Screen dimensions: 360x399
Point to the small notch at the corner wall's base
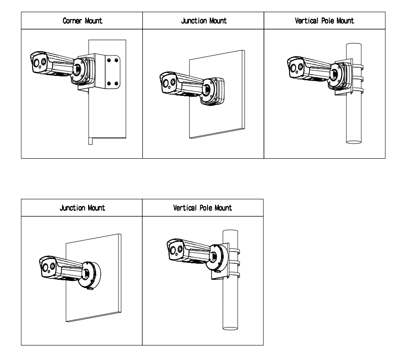point(90,141)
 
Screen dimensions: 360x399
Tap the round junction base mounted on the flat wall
point(92,274)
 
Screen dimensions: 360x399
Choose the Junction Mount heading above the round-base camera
point(82,208)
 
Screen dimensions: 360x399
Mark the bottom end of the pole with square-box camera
point(355,141)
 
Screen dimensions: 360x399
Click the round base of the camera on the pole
point(215,259)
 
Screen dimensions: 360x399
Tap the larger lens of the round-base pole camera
point(174,249)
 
